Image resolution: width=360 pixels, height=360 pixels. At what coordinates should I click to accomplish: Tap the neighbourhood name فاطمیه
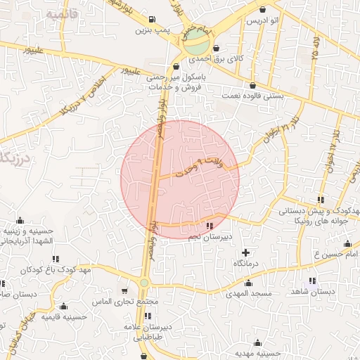tap(60, 14)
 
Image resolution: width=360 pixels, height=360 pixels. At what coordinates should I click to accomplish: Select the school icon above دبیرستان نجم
tap(210, 226)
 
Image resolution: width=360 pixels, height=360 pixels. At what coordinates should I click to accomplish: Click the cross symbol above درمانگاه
tap(245, 252)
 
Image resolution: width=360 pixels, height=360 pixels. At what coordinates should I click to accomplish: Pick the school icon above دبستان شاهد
tap(321, 280)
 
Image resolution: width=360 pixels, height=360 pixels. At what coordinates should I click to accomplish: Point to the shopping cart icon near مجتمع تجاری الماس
tap(124, 290)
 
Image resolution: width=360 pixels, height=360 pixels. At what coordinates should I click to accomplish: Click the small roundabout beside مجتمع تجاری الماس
tap(144, 283)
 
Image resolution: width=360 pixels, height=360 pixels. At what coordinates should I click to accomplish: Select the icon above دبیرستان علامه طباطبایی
tap(147, 316)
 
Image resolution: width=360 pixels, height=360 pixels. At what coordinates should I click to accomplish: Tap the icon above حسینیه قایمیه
tap(64, 306)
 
